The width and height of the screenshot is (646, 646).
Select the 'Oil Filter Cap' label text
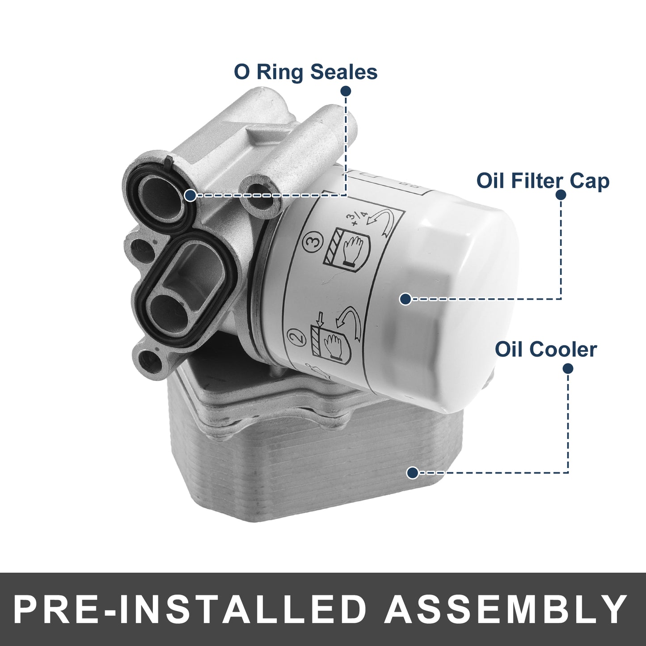(543, 181)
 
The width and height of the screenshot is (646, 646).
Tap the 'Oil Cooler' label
(546, 349)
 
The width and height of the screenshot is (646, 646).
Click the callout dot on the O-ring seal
(190, 195)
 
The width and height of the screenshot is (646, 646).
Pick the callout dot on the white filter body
(405, 299)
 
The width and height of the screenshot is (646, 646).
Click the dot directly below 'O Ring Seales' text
(346, 91)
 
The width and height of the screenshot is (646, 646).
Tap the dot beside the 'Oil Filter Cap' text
(561, 195)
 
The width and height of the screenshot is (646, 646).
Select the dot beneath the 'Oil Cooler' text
(568, 368)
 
